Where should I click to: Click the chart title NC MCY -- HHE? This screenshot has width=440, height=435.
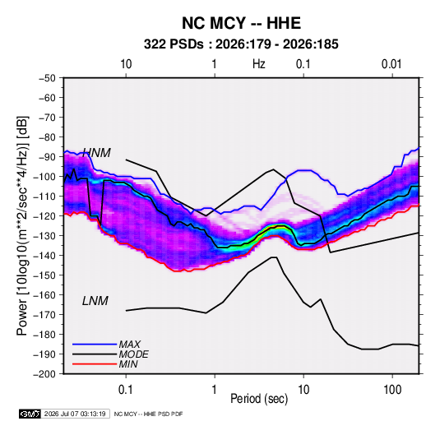[241, 23]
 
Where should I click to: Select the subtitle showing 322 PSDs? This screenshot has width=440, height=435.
[241, 44]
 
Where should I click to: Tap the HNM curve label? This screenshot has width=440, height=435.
[97, 153]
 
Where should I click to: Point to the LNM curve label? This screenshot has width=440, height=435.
[95, 301]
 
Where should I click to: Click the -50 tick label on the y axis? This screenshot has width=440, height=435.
[47, 78]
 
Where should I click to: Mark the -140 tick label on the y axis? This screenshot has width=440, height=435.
[44, 256]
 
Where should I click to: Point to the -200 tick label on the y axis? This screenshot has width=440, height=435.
[44, 374]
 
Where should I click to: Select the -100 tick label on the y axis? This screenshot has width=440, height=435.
[44, 177]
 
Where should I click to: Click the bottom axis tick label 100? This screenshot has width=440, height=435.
[392, 390]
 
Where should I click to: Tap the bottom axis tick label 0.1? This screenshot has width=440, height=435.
[126, 390]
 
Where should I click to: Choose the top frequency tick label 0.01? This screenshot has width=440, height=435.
[391, 64]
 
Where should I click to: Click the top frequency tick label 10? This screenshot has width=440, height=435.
[126, 64]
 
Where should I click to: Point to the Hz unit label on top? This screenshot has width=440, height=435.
[259, 64]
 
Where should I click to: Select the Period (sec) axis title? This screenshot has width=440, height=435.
[259, 399]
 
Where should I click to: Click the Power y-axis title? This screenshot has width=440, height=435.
[22, 226]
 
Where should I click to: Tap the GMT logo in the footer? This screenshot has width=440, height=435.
[30, 414]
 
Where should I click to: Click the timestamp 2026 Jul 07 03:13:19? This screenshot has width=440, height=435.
[75, 414]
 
